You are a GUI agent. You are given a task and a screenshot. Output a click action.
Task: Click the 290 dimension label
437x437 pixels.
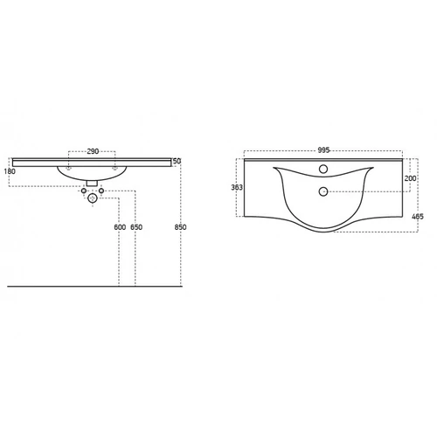pyautogui.click(x=93, y=151)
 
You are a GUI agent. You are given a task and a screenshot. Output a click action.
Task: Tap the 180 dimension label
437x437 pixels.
pyautogui.click(x=10, y=171)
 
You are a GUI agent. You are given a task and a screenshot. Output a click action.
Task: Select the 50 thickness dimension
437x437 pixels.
pyautogui.click(x=177, y=161)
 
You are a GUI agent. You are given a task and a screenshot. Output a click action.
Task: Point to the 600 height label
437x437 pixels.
pyautogui.click(x=120, y=227)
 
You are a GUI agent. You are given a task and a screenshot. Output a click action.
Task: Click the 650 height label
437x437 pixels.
pyautogui.click(x=136, y=227)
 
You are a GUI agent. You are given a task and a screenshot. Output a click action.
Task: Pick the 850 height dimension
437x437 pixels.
pyautogui.click(x=180, y=227)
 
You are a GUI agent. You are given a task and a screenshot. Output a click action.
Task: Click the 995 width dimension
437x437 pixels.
pyautogui.click(x=323, y=150)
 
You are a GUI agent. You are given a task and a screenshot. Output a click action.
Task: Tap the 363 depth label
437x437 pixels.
pyautogui.click(x=237, y=187)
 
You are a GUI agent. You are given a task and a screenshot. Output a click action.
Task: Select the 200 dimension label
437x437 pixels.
pyautogui.click(x=410, y=178)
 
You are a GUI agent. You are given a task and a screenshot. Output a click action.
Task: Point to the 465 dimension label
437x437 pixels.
pyautogui.click(x=418, y=217)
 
